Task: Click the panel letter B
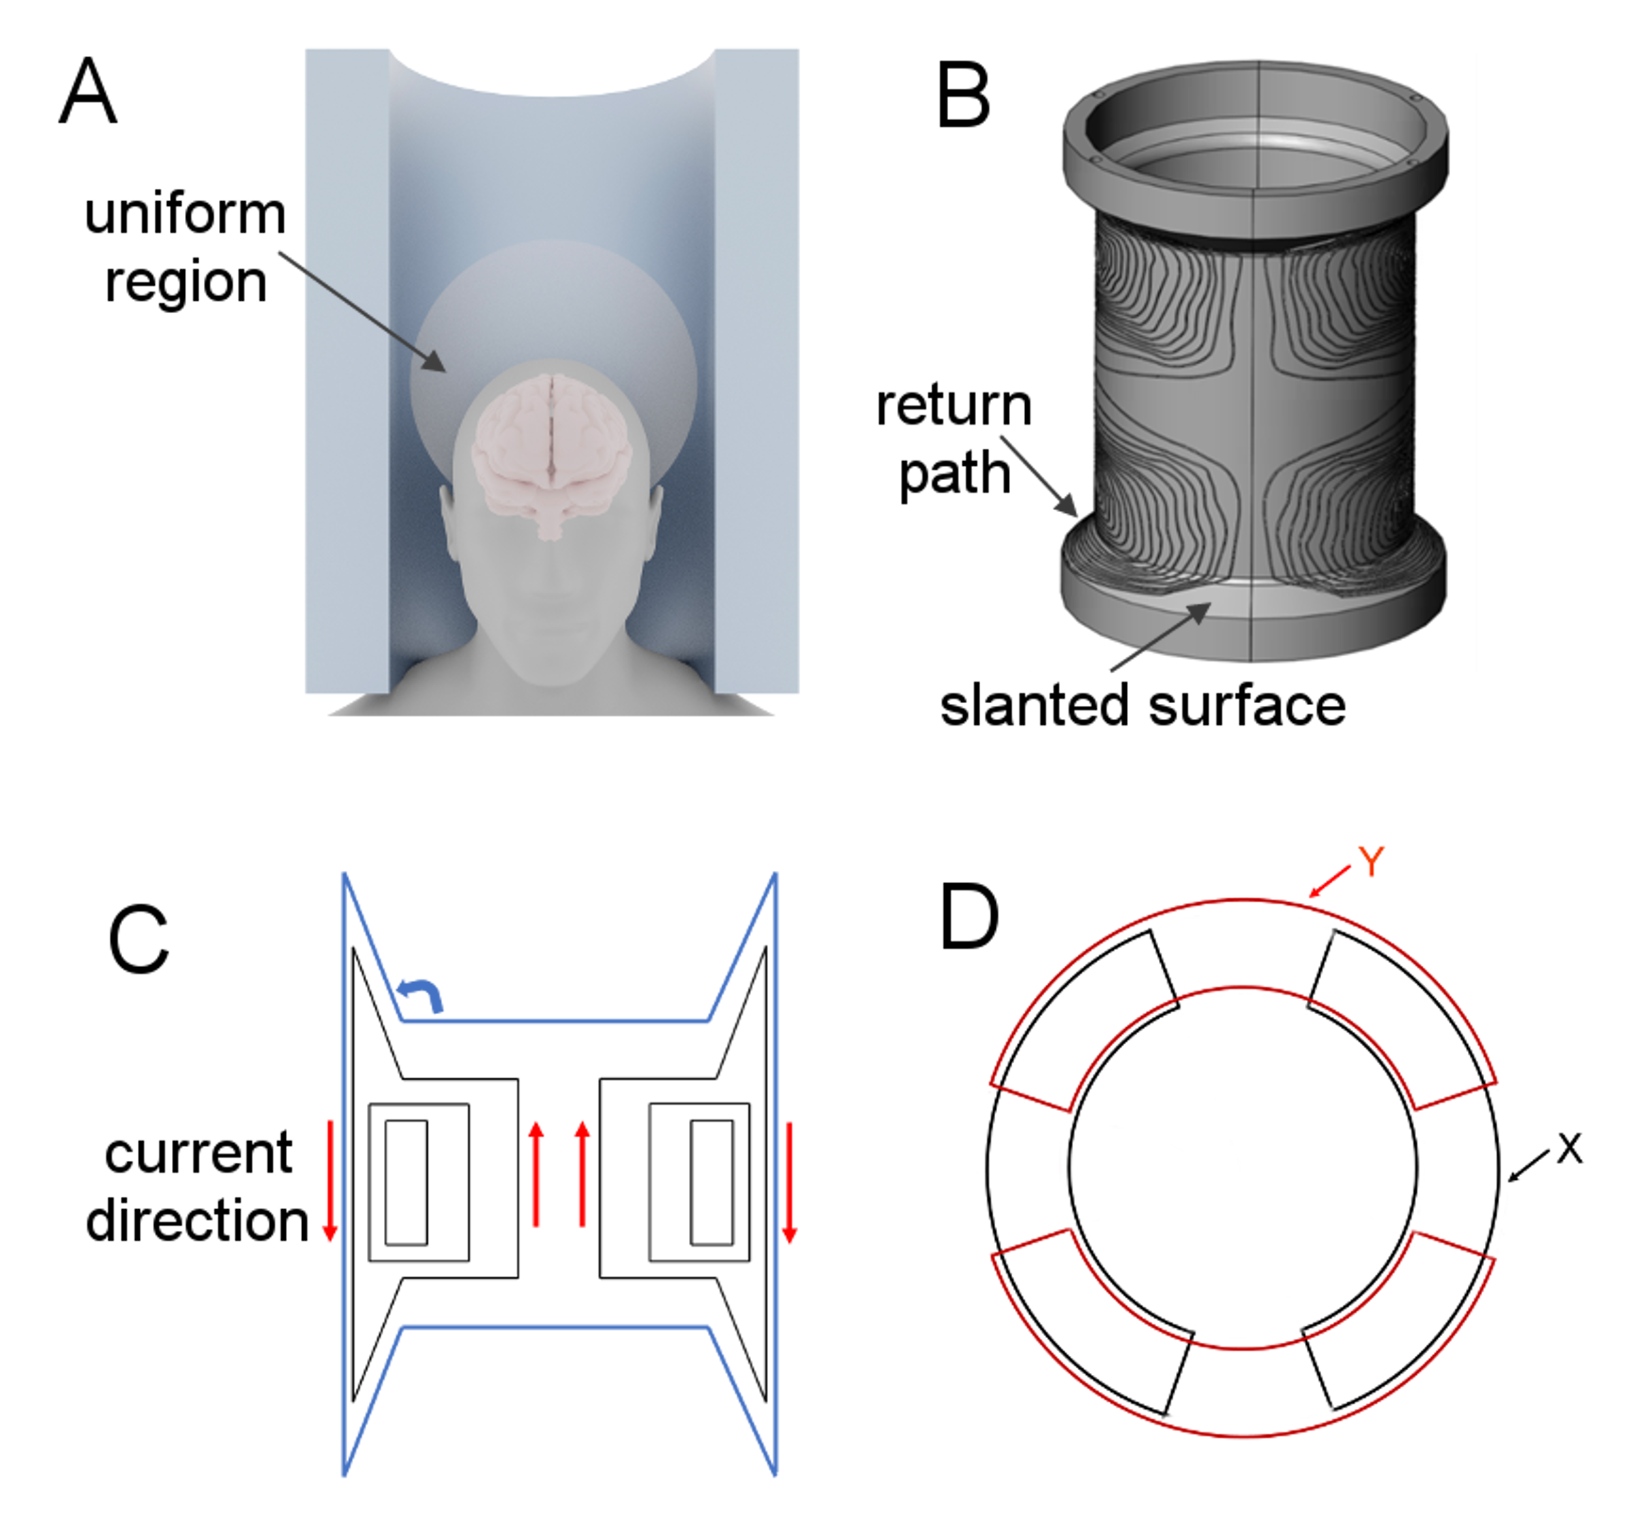(962, 96)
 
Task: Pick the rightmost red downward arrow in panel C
(789, 1182)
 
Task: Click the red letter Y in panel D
(1371, 862)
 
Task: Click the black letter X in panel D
(1569, 1148)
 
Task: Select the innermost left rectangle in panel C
(406, 1182)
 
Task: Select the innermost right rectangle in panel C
(711, 1182)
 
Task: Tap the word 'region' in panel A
(186, 284)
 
